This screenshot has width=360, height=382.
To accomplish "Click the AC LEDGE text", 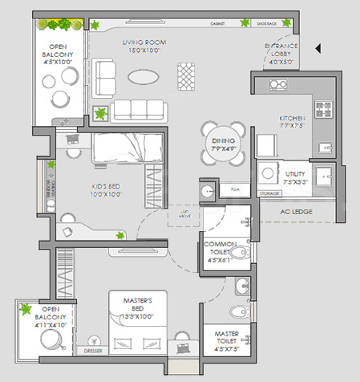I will (x=296, y=211).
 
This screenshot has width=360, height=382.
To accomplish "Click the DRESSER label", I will (x=93, y=352).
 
